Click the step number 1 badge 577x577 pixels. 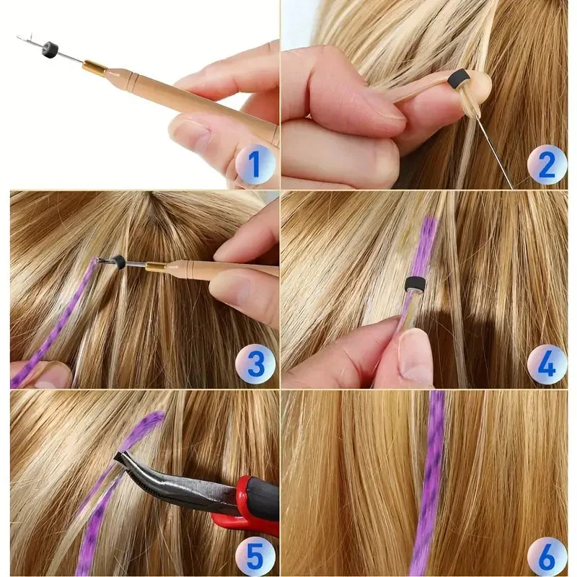[255, 164]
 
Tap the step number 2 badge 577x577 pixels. [547, 164]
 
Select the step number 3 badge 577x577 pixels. [255, 364]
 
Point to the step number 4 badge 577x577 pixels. [547, 364]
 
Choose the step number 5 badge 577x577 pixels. [255, 557]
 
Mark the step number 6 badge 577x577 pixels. [547, 557]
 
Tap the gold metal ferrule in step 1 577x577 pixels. [96, 67]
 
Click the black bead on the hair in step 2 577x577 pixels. [459, 78]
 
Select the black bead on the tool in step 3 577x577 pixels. [118, 261]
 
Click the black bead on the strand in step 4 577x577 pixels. [415, 284]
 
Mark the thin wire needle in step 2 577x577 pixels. [495, 153]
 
